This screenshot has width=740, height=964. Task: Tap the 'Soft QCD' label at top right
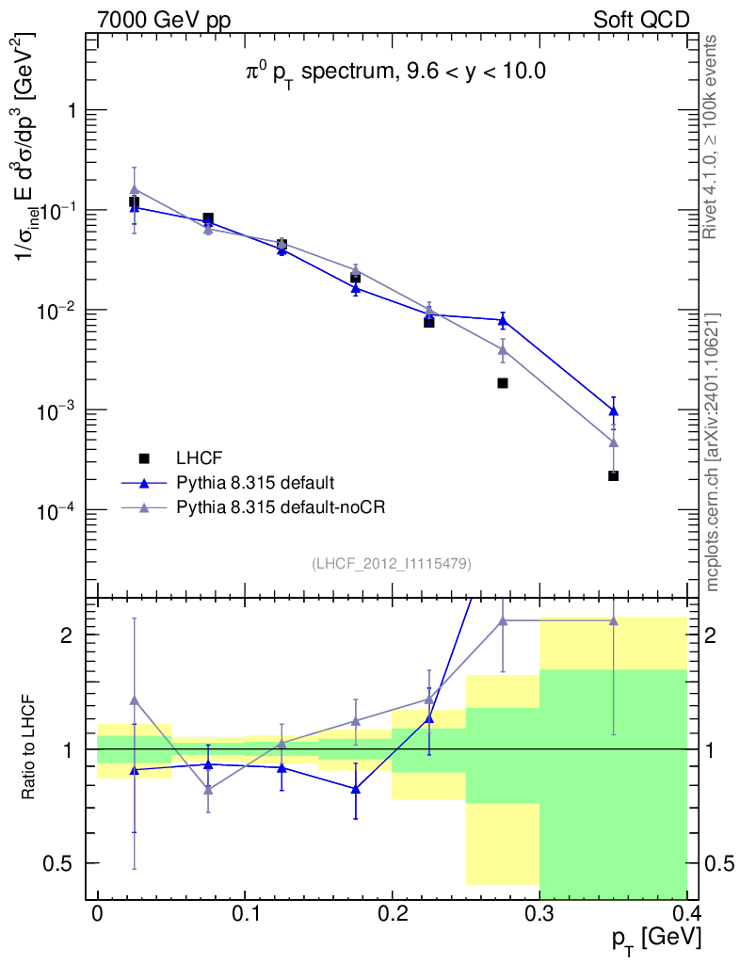point(641,20)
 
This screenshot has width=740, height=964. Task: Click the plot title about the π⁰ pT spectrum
point(391,72)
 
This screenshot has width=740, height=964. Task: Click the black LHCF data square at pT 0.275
point(503,383)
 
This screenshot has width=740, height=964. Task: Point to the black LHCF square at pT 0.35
point(614,476)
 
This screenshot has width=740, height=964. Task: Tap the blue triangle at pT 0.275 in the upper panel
point(503,320)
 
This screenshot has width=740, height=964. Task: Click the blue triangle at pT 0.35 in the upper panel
point(614,410)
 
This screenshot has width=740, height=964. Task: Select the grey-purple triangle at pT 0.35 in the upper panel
point(614,442)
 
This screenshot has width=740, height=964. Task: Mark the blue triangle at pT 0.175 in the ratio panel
point(356,788)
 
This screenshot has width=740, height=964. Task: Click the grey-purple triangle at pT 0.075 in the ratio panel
point(208,789)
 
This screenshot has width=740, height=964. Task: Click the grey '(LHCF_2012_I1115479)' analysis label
point(392,563)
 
